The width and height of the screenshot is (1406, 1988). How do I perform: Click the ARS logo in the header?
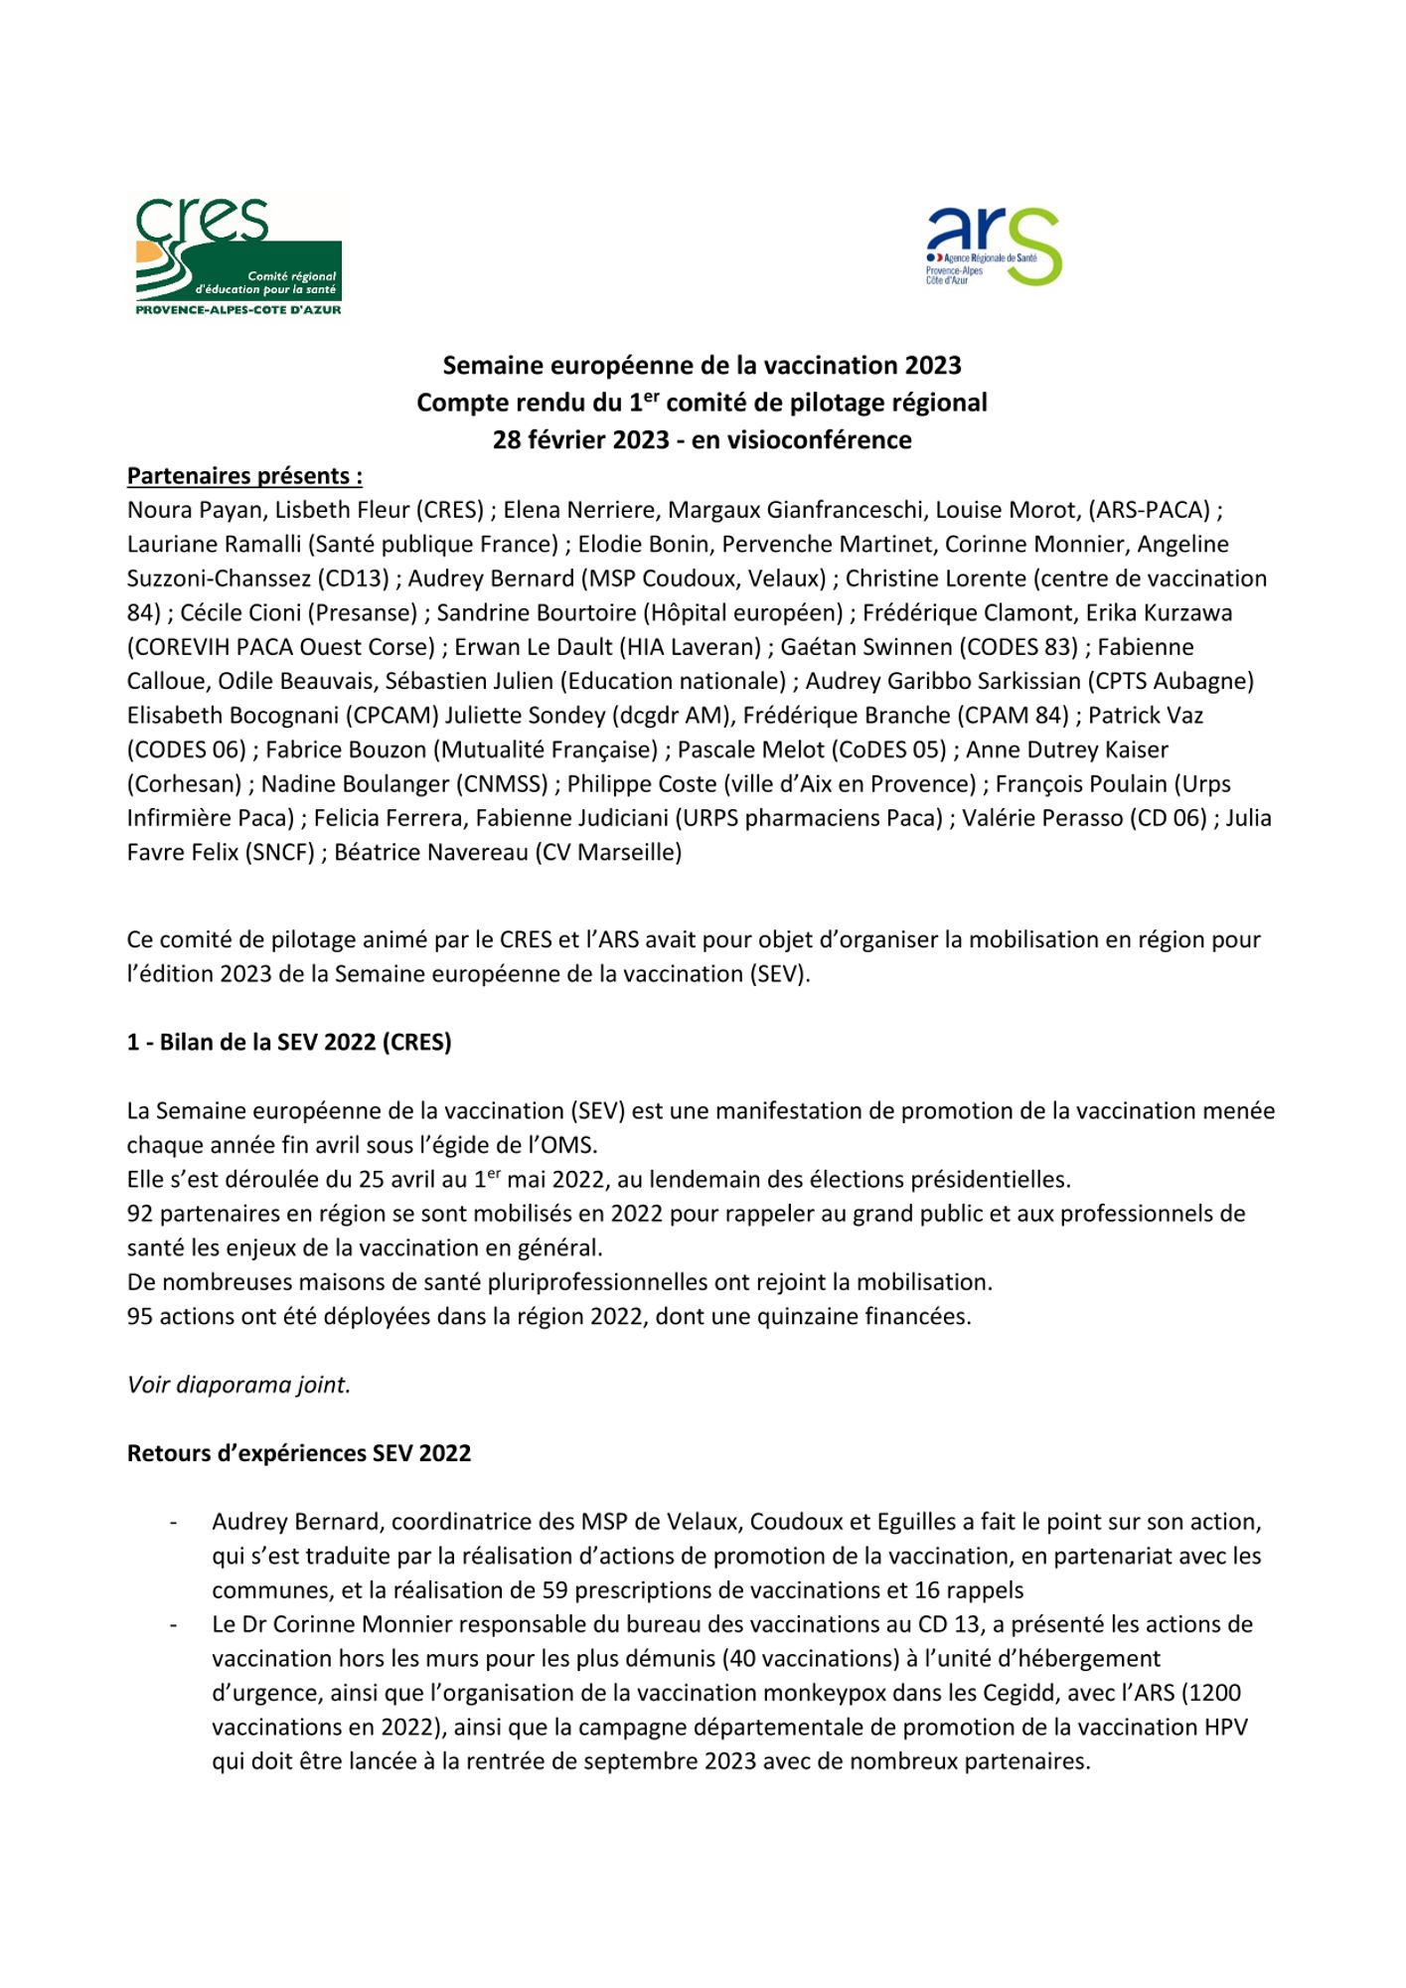[994, 247]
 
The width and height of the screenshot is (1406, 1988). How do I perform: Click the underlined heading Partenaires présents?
[244, 475]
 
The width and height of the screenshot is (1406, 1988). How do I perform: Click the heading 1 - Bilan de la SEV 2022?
[289, 1042]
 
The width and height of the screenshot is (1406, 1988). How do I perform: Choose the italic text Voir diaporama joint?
[238, 1385]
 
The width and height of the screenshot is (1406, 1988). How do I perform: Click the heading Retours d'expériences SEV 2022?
[299, 1453]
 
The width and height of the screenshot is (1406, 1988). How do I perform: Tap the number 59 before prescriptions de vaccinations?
[554, 1590]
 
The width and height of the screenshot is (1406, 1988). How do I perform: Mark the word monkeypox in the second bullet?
[862, 1693]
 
